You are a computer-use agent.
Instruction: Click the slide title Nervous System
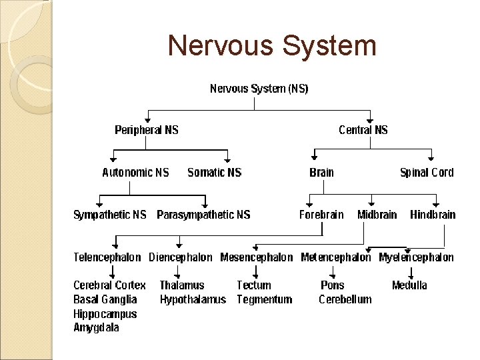272,46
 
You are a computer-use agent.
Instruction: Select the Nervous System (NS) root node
259,89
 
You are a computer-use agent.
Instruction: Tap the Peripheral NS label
147,130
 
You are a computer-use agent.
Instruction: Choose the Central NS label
363,130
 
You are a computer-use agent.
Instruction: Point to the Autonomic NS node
135,173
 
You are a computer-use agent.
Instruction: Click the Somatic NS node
215,173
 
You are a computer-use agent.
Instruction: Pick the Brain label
321,173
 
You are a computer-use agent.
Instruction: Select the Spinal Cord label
427,173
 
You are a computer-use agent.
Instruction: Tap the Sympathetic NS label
109,215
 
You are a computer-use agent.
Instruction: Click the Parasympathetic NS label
203,215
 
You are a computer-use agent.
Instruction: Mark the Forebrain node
321,215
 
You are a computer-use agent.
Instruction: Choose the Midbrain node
377,215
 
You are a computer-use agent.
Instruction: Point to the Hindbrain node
433,215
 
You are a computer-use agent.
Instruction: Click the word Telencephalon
107,257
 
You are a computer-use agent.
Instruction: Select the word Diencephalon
181,257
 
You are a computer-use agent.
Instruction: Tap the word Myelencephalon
416,257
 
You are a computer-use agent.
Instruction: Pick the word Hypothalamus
193,299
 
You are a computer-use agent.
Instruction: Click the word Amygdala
96,328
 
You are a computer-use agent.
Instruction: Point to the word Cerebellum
345,299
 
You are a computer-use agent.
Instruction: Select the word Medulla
409,285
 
